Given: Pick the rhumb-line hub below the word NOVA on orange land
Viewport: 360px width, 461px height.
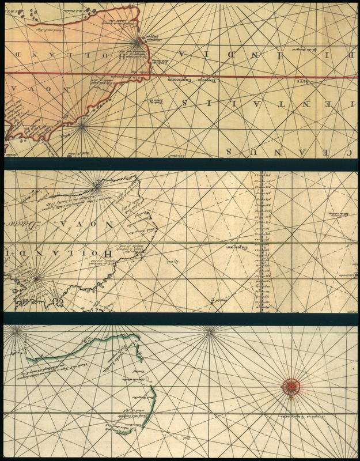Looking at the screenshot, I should pyautogui.click(x=81, y=123).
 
